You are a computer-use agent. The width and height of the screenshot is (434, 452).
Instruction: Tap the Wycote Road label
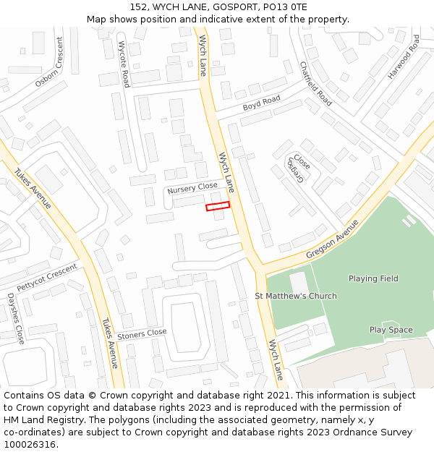[x=124, y=64]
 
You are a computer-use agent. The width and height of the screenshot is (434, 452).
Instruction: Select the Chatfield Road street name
[x=315, y=84]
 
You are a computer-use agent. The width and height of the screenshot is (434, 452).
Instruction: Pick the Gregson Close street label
[x=299, y=171]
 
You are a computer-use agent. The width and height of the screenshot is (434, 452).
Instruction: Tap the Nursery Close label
[x=192, y=189]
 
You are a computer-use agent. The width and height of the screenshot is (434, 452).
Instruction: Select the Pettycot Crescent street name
[x=47, y=277]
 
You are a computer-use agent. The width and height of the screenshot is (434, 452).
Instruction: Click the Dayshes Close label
[x=16, y=319]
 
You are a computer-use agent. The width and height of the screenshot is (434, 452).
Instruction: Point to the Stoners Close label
[x=142, y=334]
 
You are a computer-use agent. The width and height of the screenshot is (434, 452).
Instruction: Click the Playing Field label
[x=373, y=278]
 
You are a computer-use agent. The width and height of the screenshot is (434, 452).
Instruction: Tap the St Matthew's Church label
[x=296, y=296]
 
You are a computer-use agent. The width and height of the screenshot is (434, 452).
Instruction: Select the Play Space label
[x=391, y=330]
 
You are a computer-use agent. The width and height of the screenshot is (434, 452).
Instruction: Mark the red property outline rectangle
[x=218, y=206]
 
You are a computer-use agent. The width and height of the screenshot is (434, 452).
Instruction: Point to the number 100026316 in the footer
[x=28, y=444]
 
